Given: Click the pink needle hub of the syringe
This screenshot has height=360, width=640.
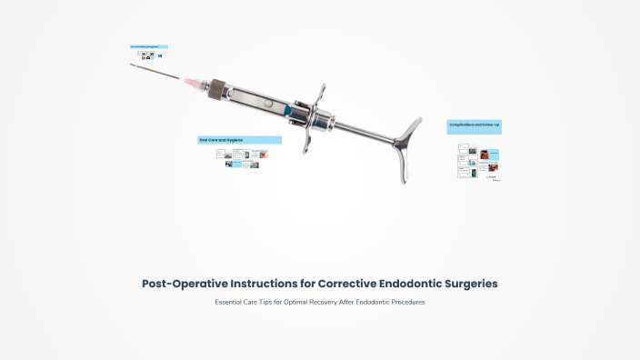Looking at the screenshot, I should (x=194, y=83).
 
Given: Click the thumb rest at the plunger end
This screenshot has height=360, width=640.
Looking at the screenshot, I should (x=408, y=146).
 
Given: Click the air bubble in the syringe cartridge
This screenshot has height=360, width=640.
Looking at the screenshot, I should (x=265, y=103).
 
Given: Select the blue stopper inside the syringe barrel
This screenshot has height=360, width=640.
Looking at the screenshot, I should (x=287, y=109).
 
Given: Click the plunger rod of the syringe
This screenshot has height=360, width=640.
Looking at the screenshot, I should (x=359, y=129).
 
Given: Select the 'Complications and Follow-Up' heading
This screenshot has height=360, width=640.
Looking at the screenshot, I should (x=474, y=124).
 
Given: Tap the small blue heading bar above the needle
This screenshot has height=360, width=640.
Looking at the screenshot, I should (x=148, y=46).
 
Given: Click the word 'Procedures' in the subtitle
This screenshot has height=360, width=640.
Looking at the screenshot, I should (x=405, y=302).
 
